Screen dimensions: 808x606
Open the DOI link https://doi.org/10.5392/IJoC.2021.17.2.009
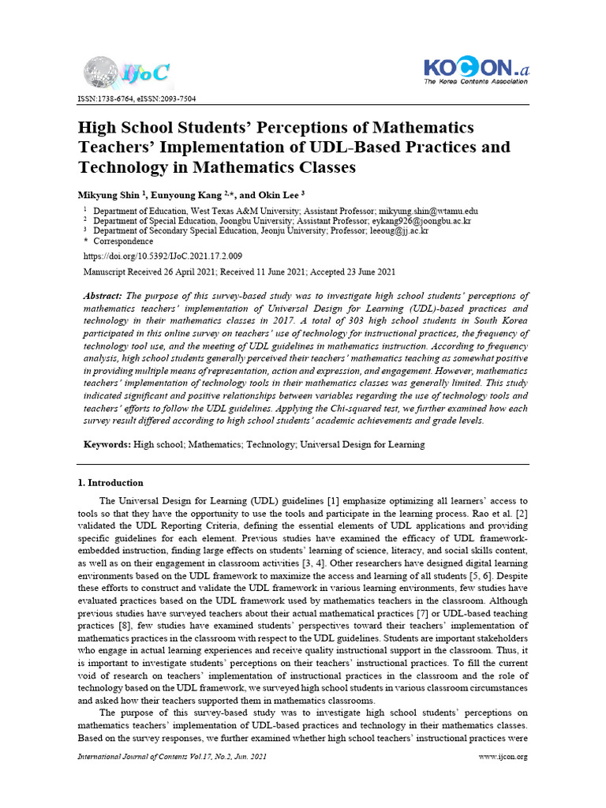(162, 256)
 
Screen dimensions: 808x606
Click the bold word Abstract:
(103, 295)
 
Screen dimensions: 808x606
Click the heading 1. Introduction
(110, 482)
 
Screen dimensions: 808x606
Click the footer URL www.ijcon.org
(503, 757)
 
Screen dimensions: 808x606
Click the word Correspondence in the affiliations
(123, 241)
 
